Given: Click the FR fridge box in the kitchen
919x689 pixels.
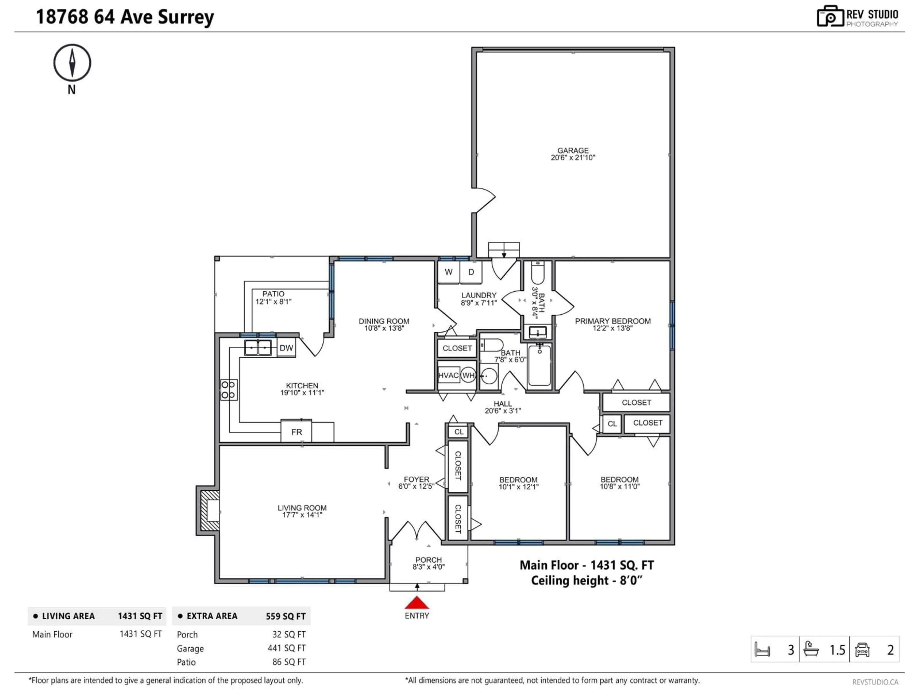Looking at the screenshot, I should [296, 432].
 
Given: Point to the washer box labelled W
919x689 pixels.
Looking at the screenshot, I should [448, 272].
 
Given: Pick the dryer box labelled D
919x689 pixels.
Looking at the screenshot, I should [471, 272].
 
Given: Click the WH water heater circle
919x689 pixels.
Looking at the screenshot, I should [468, 375].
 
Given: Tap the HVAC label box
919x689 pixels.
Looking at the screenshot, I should [448, 375].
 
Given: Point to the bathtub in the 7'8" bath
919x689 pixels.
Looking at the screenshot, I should [539, 366].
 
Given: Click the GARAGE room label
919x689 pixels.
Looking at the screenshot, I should [573, 150].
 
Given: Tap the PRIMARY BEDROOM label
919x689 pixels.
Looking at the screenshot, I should [612, 321].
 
